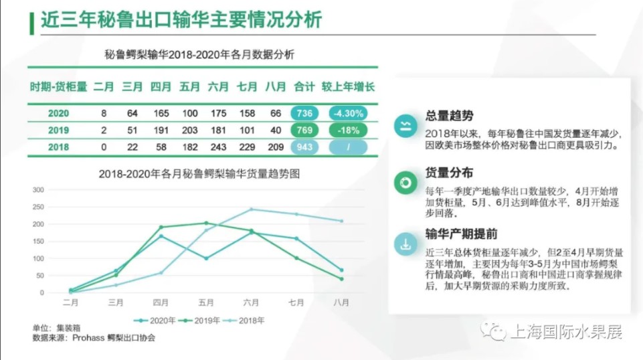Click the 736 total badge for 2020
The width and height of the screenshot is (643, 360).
[x=304, y=113]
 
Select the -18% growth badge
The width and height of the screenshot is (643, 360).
[x=348, y=130]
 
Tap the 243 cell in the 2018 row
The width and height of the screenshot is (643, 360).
[x=218, y=147]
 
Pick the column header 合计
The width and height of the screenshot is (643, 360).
[x=304, y=87]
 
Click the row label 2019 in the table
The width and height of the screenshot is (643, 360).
[x=58, y=130]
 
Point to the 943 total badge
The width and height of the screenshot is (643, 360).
[x=304, y=147]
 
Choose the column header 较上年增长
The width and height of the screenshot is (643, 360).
[x=348, y=87]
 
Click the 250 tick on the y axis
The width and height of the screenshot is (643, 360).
[x=38, y=207]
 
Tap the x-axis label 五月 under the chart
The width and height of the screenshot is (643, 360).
[x=206, y=302]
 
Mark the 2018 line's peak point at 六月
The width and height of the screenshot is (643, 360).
[x=252, y=209]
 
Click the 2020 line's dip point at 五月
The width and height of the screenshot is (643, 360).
[x=206, y=258]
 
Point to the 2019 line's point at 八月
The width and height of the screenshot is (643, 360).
[x=342, y=279]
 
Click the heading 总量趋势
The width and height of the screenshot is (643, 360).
[x=449, y=116]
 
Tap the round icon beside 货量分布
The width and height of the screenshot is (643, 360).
[x=405, y=183]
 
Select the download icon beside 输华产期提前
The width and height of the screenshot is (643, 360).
[x=405, y=244]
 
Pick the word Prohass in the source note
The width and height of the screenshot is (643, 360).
[x=88, y=338]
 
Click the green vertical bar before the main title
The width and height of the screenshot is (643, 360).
[x=31, y=23]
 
